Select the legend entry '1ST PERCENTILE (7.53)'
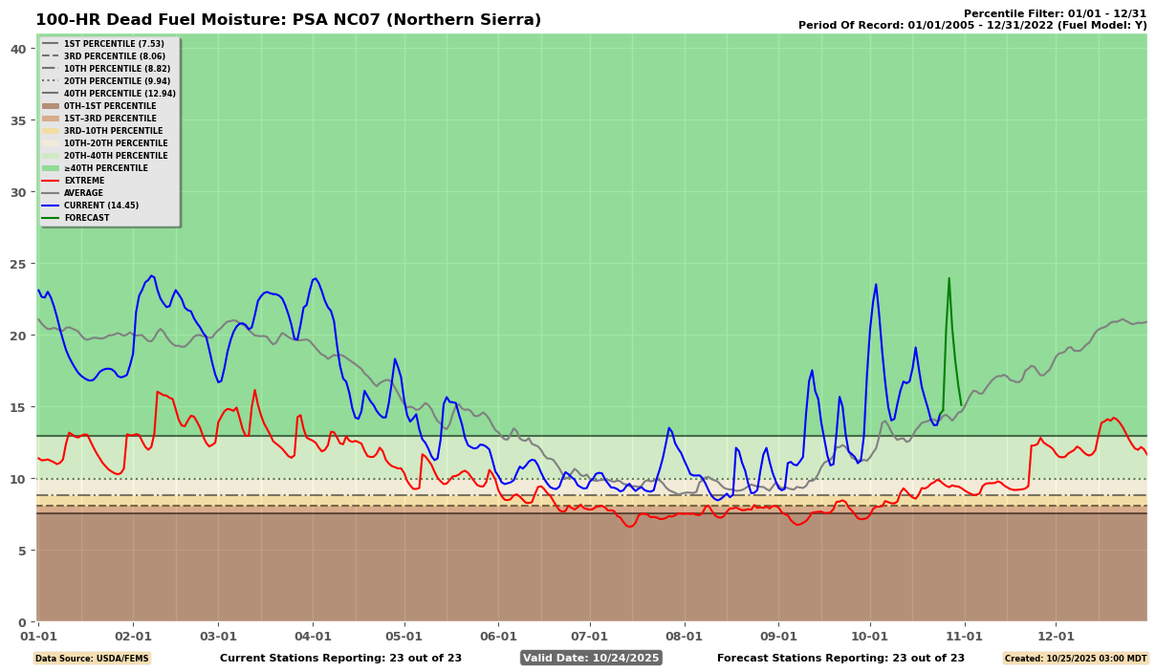(x=113, y=44)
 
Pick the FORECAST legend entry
(x=86, y=218)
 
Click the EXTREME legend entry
(x=84, y=181)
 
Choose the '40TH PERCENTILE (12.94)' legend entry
(x=120, y=94)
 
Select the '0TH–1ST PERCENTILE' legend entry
(x=109, y=106)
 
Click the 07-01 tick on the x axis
(x=589, y=636)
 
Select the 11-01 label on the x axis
(x=964, y=636)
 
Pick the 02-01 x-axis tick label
(x=133, y=636)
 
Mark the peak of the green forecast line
(x=949, y=278)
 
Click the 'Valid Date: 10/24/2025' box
(x=591, y=658)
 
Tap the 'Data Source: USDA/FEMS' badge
(x=92, y=659)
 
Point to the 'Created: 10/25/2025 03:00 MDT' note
(x=1075, y=659)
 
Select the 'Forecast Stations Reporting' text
(x=840, y=658)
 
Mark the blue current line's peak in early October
(x=875, y=284)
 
